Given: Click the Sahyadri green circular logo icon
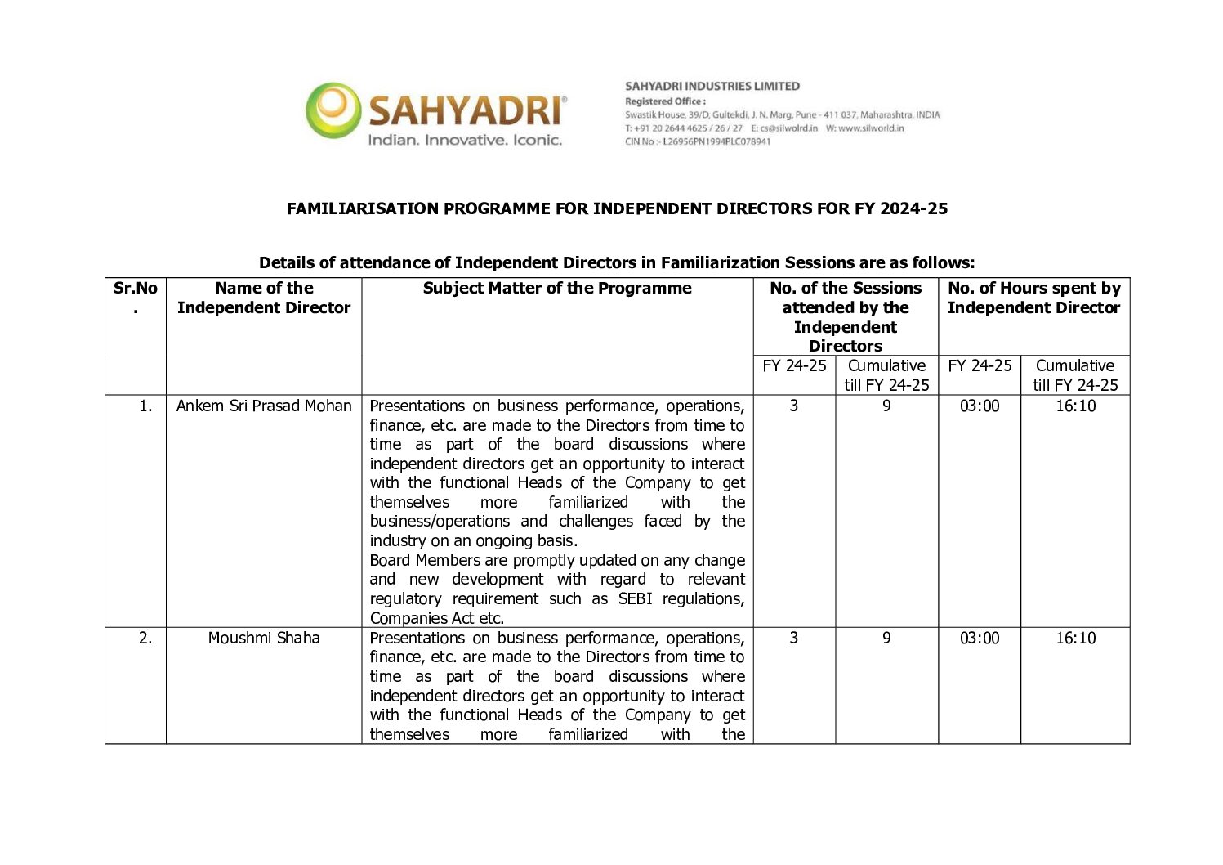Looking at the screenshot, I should click(x=333, y=110).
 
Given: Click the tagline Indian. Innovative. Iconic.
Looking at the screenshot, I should click(x=465, y=141).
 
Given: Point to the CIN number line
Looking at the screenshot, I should click(x=697, y=141).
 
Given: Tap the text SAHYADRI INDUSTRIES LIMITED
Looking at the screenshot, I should click(x=712, y=86).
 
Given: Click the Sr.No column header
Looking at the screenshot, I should click(x=135, y=289).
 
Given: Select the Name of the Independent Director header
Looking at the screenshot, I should click(x=264, y=298).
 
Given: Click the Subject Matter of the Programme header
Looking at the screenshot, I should click(x=556, y=289).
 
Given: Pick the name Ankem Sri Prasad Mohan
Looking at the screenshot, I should click(x=264, y=406).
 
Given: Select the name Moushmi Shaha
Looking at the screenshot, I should click(x=264, y=639).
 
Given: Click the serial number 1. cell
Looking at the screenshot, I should click(x=145, y=406).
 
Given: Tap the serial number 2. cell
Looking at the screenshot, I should click(x=145, y=639).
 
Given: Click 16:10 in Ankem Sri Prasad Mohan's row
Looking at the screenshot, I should click(x=1075, y=406).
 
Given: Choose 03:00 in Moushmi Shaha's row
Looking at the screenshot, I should click(x=980, y=639).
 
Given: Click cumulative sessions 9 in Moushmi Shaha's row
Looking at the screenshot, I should click(x=886, y=639).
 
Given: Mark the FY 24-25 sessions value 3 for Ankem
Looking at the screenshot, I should click(x=793, y=406).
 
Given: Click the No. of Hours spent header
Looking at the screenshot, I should click(x=1033, y=298).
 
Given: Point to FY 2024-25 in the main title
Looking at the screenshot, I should click(x=901, y=209).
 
